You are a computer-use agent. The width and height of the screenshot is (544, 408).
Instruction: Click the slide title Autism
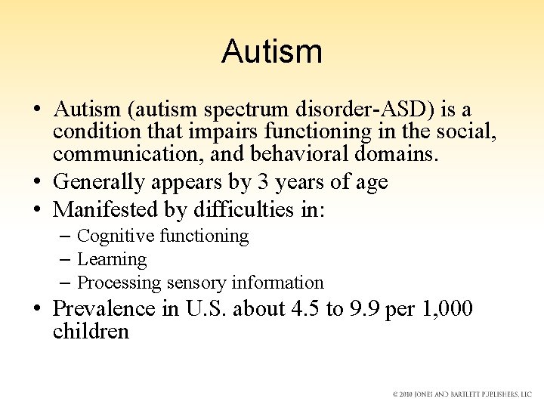[272, 51]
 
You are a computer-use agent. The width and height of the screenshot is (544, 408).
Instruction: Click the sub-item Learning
[112, 259]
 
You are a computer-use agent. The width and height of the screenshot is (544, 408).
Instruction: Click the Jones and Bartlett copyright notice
[462, 394]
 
